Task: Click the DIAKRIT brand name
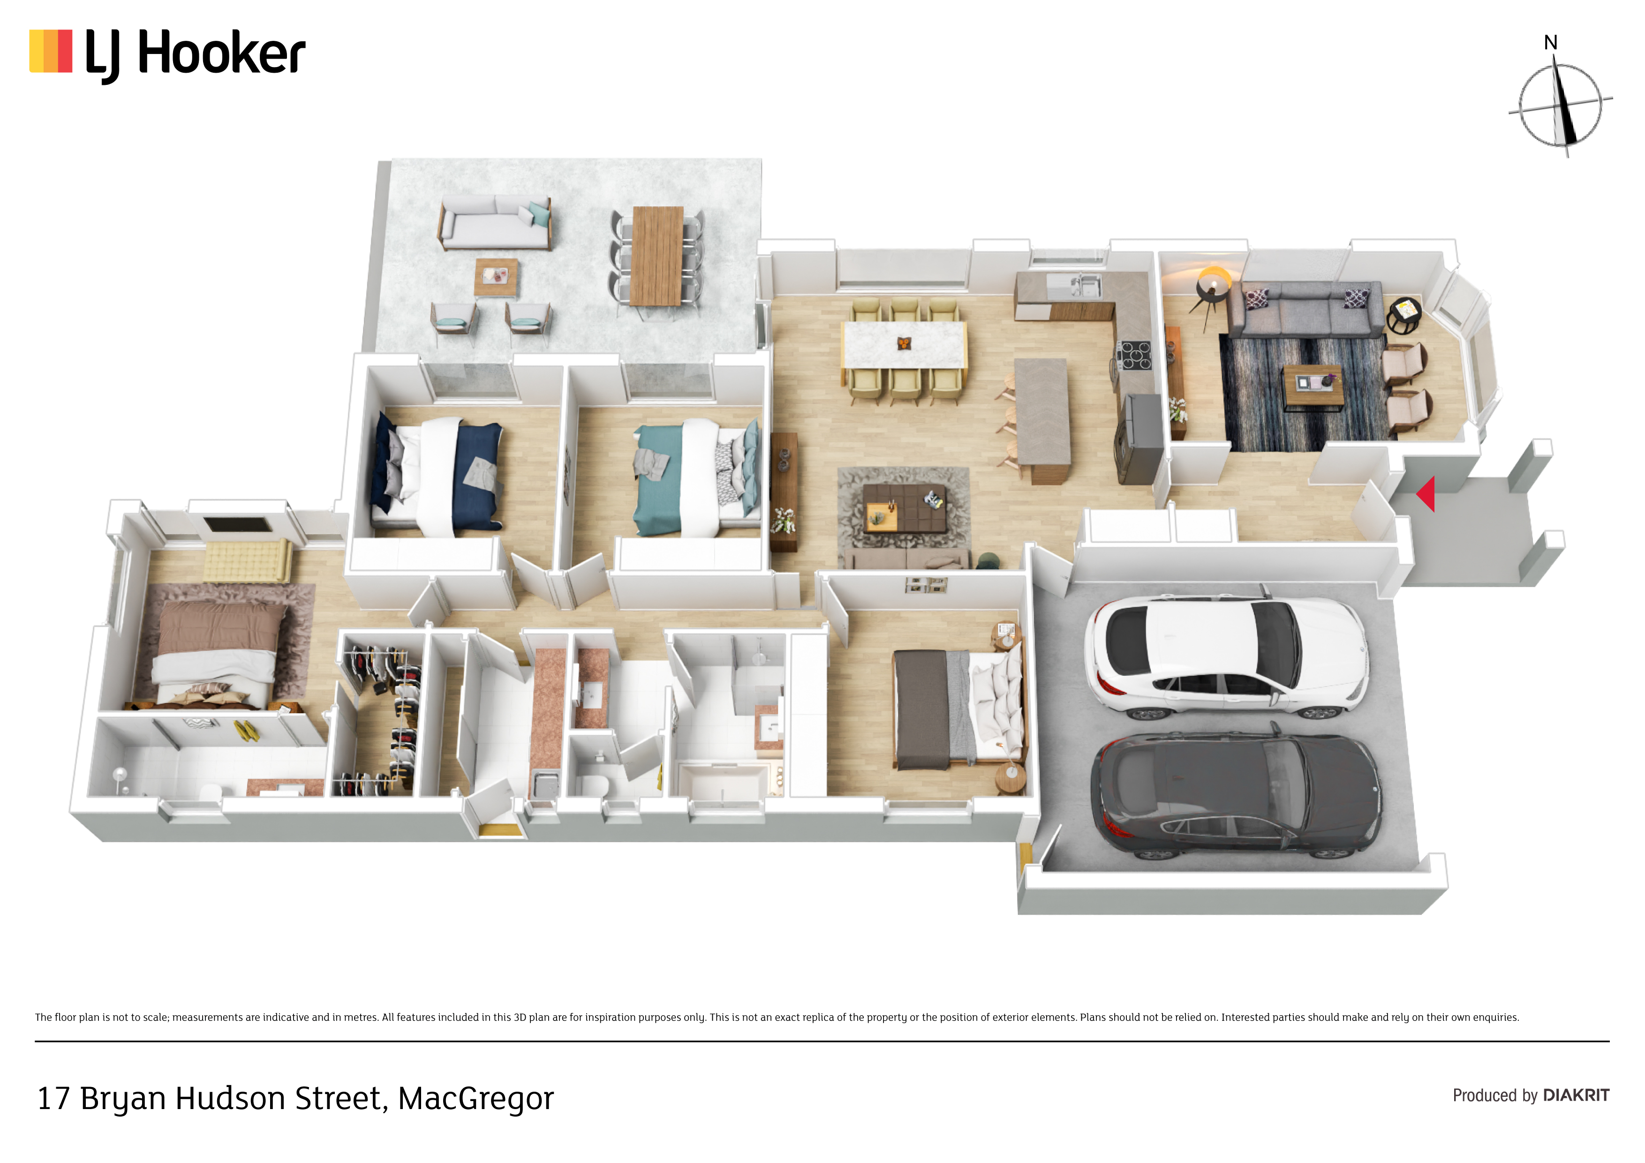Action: (1576, 1095)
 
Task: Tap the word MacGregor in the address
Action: (476, 1098)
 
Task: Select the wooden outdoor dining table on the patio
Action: (657, 256)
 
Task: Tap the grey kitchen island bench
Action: (1042, 419)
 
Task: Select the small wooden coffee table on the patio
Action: (496, 277)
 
